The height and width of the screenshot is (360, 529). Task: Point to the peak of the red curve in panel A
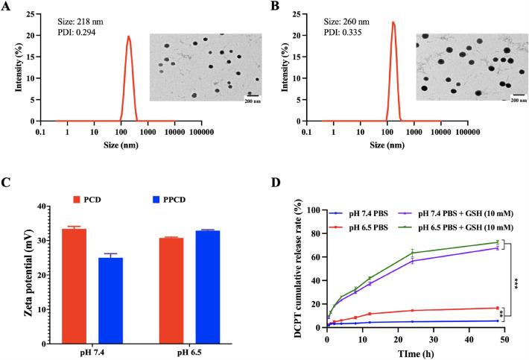pyautogui.click(x=128, y=36)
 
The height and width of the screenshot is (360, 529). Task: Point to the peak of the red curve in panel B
pyautogui.click(x=392, y=22)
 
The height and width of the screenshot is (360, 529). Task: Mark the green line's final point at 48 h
pyautogui.click(x=496, y=242)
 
